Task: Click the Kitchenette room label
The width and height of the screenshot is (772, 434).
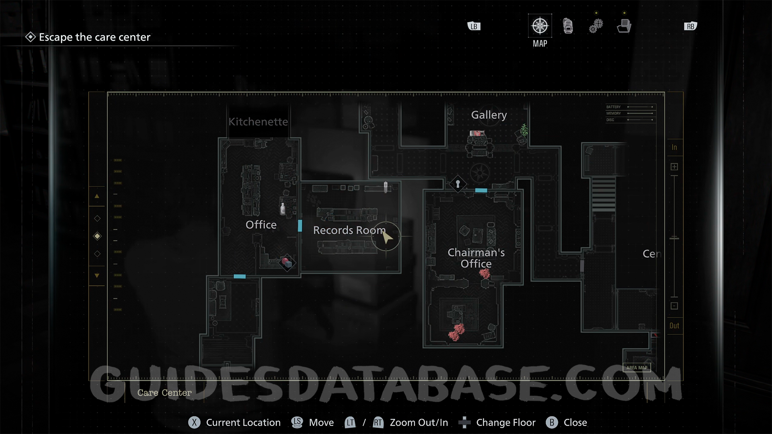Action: (x=258, y=122)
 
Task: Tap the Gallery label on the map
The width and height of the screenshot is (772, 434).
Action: (x=489, y=115)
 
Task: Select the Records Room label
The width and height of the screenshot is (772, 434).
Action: (x=349, y=230)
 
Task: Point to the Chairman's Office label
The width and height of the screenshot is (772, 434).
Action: (x=476, y=258)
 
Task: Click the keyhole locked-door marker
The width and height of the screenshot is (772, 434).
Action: (x=458, y=184)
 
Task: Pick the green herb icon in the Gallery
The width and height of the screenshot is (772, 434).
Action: (x=524, y=130)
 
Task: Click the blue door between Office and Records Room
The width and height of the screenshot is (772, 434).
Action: (x=300, y=225)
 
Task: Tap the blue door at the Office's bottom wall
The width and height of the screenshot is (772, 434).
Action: (x=240, y=276)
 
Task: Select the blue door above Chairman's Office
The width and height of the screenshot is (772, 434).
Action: (x=481, y=190)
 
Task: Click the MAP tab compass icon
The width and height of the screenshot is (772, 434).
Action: (x=540, y=26)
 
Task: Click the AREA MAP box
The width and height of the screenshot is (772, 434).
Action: (x=636, y=368)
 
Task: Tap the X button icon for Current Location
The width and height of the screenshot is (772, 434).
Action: (x=194, y=422)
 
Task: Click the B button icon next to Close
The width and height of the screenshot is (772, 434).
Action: (x=552, y=422)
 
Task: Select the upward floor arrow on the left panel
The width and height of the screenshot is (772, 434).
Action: (x=97, y=197)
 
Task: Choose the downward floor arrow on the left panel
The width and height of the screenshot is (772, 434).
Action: (x=97, y=276)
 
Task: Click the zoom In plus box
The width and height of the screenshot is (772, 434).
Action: (x=674, y=167)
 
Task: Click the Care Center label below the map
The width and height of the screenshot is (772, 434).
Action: (x=164, y=393)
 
